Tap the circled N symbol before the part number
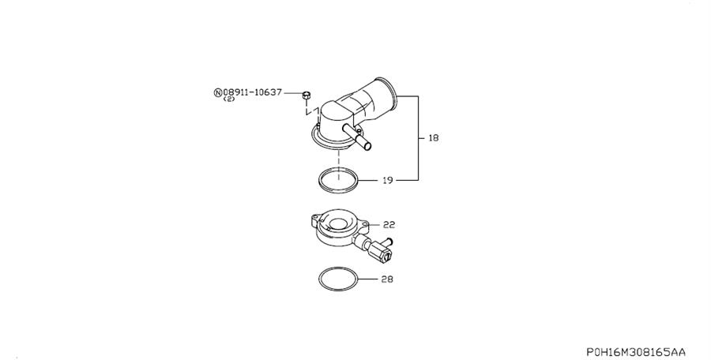coord(218,92)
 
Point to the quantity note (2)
coord(229,100)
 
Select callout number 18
coord(433,138)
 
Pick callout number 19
coord(387,181)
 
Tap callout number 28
coord(387,279)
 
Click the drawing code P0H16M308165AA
coord(635,351)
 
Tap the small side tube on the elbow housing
coord(365,144)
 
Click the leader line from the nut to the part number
coord(295,92)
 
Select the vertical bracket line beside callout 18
coord(418,138)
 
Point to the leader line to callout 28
coord(371,279)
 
